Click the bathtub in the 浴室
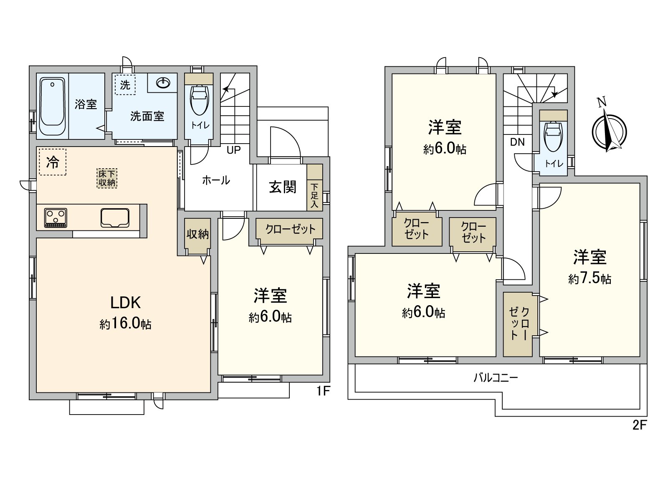click(53, 106)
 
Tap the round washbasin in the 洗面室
click(163, 84)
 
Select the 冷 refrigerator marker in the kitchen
click(53, 162)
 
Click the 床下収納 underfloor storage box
click(107, 178)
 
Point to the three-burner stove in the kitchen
click(56, 218)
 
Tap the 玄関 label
click(282, 187)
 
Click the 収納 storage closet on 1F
click(197, 235)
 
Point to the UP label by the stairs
click(233, 150)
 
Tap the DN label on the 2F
click(517, 142)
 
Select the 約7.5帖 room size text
click(590, 279)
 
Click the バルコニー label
click(496, 378)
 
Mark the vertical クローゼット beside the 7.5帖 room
click(518, 324)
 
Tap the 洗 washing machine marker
click(125, 85)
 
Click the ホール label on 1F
click(216, 180)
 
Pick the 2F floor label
click(639, 425)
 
